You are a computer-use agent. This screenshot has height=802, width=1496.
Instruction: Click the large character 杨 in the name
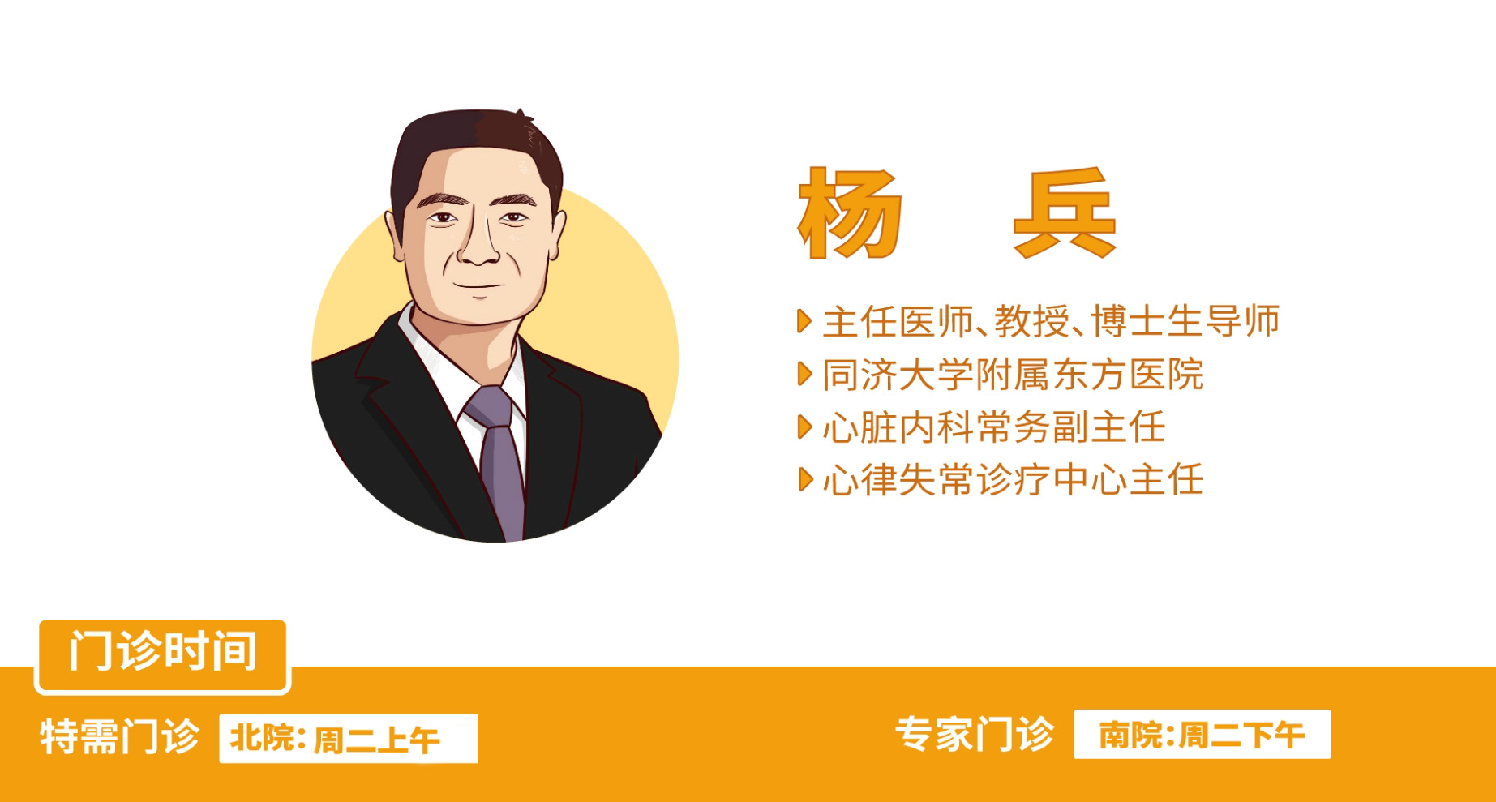849,213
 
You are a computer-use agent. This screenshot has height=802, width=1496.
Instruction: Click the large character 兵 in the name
1065,213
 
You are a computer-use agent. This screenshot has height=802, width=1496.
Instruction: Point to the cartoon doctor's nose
479,243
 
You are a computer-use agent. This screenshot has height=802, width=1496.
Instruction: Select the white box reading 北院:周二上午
349,739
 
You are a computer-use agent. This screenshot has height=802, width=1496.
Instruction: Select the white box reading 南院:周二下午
1202,735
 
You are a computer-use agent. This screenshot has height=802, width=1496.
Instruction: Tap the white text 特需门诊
120,737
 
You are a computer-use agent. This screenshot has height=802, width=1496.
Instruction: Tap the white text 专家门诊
975,735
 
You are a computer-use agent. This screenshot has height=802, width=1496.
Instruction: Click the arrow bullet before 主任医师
804,321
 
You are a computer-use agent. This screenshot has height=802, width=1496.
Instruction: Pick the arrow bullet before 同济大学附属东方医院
804,374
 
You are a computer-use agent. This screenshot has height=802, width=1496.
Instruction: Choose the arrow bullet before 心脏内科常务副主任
804,427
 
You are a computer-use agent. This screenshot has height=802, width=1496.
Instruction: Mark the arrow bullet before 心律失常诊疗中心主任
804,480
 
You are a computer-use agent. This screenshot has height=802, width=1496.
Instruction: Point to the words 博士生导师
1185,321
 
